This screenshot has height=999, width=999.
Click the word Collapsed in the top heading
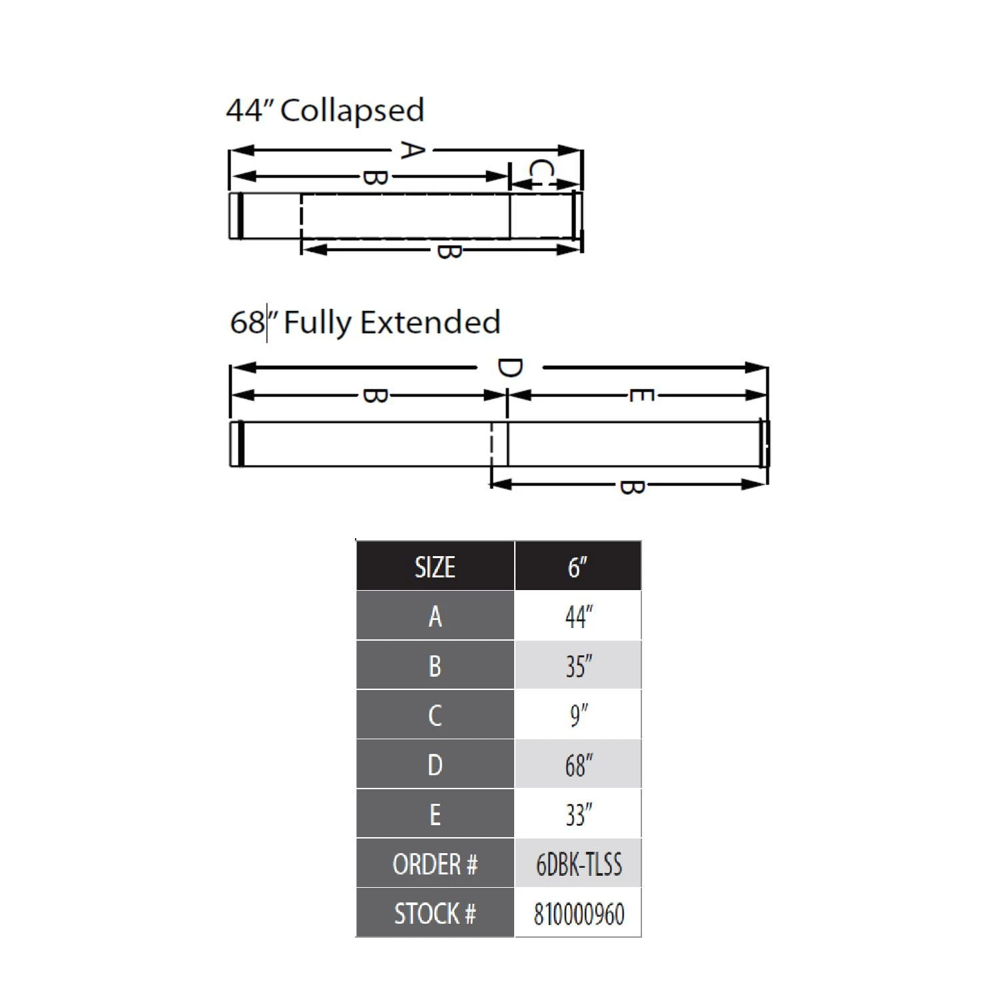(352, 111)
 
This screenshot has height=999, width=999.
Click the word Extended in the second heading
(430, 322)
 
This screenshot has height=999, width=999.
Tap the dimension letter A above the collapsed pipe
(412, 150)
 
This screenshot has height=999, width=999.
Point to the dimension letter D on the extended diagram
(509, 368)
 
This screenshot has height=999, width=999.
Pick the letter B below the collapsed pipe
(448, 251)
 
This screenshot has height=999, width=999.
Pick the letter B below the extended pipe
(631, 486)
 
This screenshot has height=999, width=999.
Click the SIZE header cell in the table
(435, 567)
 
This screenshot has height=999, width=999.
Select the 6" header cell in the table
(577, 567)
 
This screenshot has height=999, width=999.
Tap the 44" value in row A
(578, 617)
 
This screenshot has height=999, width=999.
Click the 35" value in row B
(578, 666)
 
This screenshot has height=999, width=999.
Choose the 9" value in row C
(578, 715)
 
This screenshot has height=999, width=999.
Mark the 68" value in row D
(578, 765)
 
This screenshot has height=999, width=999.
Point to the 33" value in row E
(578, 814)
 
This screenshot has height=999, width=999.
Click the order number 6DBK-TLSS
(578, 864)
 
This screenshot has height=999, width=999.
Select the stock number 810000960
(578, 913)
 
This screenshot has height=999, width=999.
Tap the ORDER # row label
(435, 864)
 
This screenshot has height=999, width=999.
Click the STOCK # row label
(435, 913)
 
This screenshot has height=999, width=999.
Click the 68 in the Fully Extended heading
(247, 322)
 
